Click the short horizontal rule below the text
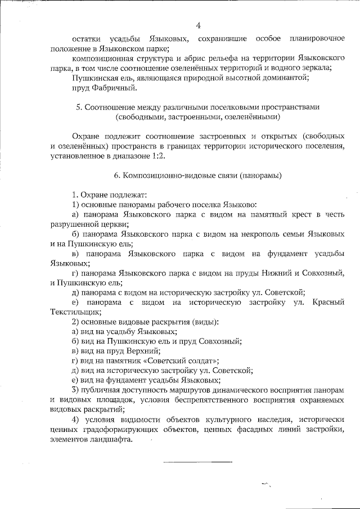click(197, 462)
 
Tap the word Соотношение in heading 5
click(111, 107)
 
